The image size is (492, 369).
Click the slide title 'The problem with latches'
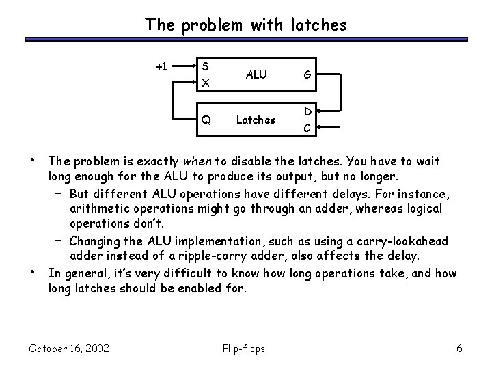245,25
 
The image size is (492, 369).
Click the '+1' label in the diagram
162,67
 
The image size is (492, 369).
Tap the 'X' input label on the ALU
205,83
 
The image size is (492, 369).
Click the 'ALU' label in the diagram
256,74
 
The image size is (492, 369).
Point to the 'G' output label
308,74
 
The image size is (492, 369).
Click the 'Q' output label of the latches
206,120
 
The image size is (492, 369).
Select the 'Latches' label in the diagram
256,120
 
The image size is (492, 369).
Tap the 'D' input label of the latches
308,111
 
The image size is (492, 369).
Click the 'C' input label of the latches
308,127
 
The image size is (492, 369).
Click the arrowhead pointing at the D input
319,111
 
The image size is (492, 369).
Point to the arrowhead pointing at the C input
319,127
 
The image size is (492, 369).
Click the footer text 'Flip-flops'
245,348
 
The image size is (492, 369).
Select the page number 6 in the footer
459,348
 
